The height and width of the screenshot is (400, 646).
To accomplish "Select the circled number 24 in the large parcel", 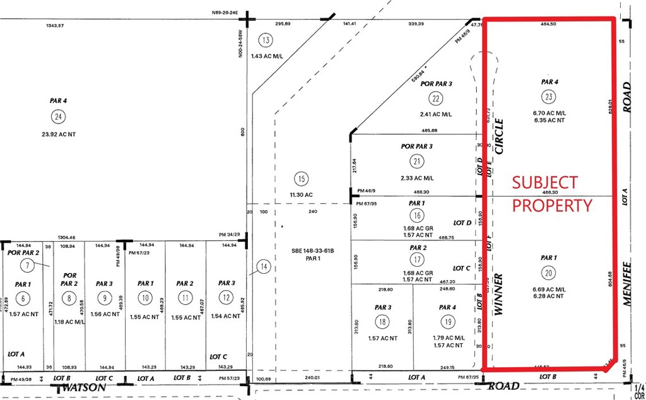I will click(x=59, y=115).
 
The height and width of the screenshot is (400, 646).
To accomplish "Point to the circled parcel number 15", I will click(x=302, y=179).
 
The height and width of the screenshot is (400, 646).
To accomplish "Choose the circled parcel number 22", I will click(x=435, y=98).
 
